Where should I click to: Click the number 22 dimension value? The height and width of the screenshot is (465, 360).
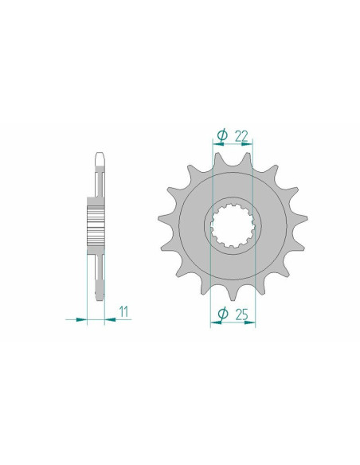click(x=241, y=136)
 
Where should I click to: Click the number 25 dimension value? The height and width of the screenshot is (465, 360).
click(x=241, y=315)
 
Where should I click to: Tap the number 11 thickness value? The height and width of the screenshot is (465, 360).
click(x=123, y=311)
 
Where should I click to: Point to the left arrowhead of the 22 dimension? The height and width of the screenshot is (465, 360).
click(x=218, y=144)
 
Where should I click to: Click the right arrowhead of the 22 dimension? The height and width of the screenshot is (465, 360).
click(x=247, y=144)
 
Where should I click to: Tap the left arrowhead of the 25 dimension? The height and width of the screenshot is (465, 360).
click(x=216, y=322)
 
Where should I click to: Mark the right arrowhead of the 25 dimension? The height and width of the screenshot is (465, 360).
click(x=249, y=322)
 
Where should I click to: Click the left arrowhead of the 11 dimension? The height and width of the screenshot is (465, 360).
click(x=81, y=320)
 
